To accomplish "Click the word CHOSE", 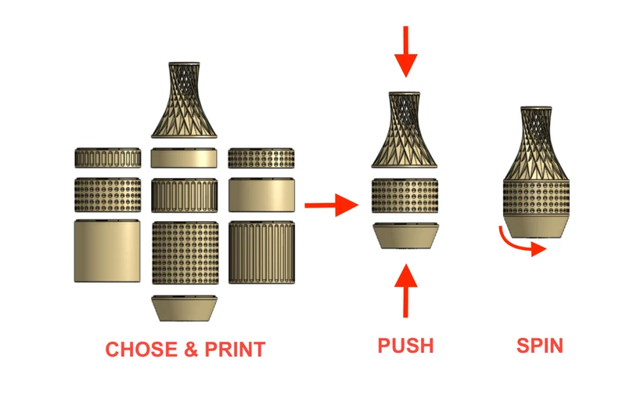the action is point(142,350).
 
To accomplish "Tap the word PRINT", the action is point(236,350).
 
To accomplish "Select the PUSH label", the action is point(405,346).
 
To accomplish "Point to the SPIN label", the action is point(540,346).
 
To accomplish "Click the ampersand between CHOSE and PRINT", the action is point(191,350).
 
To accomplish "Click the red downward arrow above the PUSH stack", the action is point(405,52).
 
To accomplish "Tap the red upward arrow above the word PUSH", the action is point(405,291).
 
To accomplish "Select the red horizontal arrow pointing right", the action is point(331,205).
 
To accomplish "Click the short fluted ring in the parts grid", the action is point(108,158).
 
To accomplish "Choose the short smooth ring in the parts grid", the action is point(184,158).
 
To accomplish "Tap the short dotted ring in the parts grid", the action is point(261,158).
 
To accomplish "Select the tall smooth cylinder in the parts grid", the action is point(107,251).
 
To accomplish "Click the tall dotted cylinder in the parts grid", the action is point(185,252).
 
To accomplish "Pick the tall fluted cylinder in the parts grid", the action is point(262,252).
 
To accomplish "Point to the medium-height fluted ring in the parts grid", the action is point(185,195).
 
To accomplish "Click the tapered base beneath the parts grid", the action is point(185,308).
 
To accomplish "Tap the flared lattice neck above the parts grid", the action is point(184,100).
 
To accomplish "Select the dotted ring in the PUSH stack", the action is point(405,196).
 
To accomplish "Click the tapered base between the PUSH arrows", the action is point(405,236).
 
